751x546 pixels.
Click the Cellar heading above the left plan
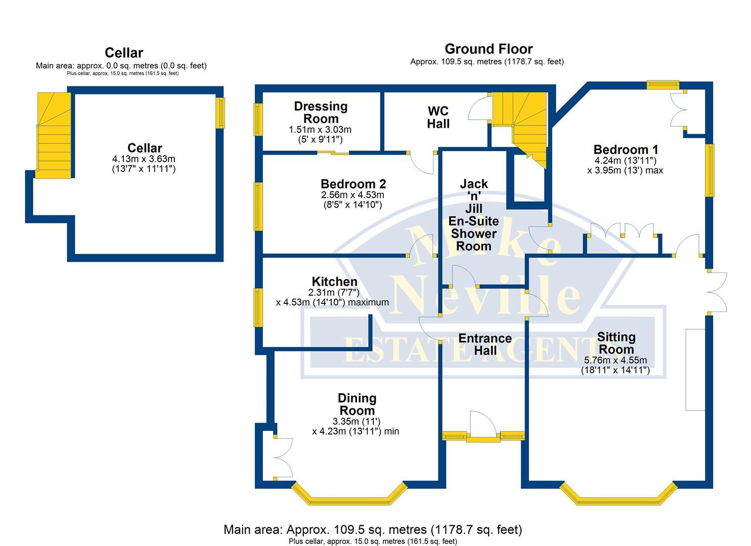[x=124, y=53]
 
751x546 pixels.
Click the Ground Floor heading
[x=488, y=49]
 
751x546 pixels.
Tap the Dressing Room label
[x=321, y=112]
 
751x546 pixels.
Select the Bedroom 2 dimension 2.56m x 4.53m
[x=352, y=195]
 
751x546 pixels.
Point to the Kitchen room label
[x=334, y=282]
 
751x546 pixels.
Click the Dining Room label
[x=357, y=404]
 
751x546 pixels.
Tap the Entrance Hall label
[x=484, y=344]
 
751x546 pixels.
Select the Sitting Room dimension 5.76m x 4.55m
[x=615, y=360]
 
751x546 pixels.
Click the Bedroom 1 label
[x=626, y=150]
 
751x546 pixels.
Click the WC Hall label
[x=438, y=117]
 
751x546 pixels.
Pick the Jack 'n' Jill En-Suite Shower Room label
[x=473, y=215]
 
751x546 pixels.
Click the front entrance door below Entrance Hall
[x=483, y=427]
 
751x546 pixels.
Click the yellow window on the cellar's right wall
[x=220, y=113]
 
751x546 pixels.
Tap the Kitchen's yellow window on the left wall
[x=258, y=307]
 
